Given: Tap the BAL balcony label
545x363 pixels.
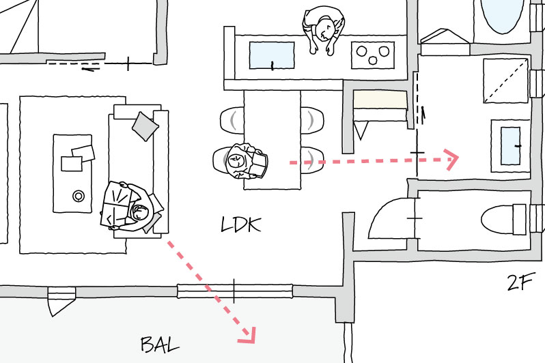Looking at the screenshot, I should pos(160,343).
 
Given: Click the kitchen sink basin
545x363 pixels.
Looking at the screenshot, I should pos(272,55).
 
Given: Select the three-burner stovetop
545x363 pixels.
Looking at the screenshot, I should pos(373,55).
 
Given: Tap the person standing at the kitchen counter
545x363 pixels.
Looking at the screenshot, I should pos(323,30).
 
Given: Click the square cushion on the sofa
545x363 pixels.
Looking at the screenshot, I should pos(145,125).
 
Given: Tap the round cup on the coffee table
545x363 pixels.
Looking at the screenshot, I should pos(79,197).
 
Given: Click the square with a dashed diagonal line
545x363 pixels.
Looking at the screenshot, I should pos(506,81).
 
